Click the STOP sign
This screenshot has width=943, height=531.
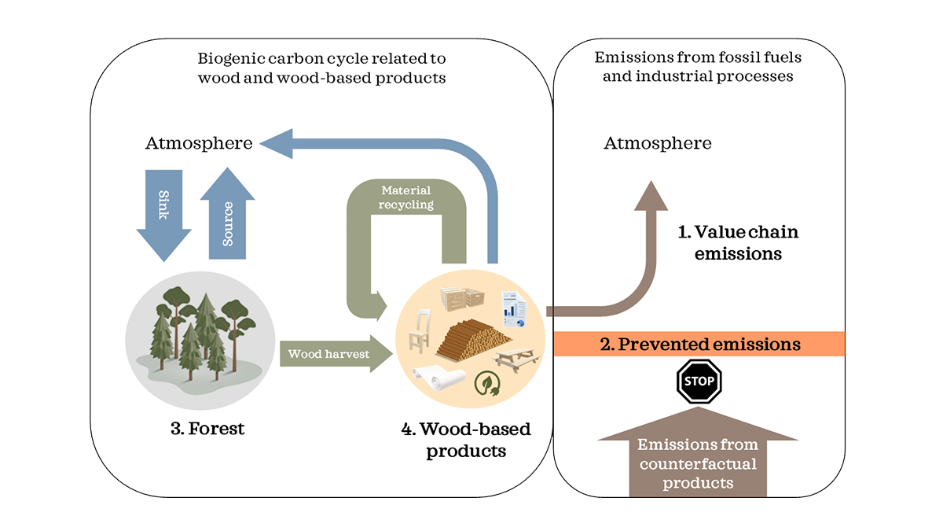pos(699,382)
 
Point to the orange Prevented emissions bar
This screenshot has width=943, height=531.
pos(699,345)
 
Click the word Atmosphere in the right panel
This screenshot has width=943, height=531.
pos(658,143)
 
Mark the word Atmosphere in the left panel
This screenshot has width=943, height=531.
pos(200,143)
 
